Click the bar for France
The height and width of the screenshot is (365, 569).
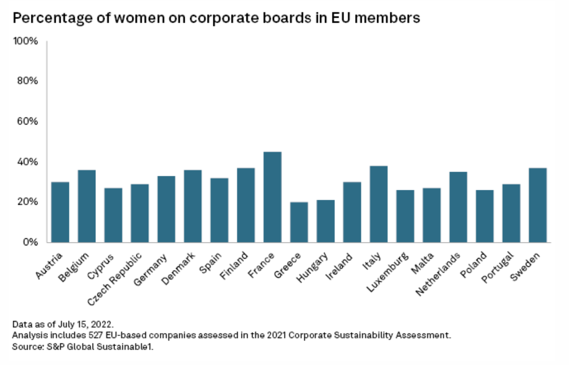272,197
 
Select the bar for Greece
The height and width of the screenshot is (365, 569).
299,222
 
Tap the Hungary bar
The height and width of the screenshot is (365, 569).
325,221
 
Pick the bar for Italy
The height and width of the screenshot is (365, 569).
378,204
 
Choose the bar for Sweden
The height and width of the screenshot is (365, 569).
538,205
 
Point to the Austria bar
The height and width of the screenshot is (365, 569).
60,212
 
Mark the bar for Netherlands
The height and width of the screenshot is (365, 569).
458,207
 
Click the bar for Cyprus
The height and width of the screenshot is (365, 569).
113,215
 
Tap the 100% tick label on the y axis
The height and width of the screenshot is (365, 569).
25,41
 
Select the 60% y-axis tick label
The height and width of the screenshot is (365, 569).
27,121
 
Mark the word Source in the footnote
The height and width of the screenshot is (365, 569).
25,346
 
